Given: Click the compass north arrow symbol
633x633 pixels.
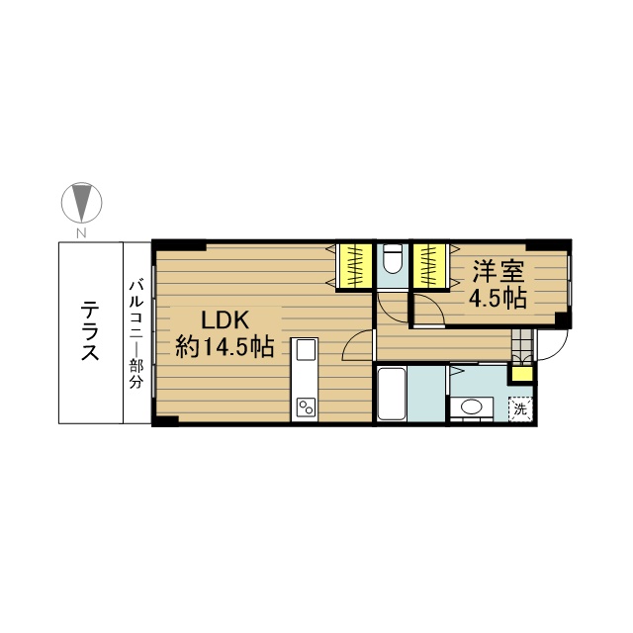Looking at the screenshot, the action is tap(81, 202).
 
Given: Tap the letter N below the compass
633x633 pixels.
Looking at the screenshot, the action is tap(82, 233).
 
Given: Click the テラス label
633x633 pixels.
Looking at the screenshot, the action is tap(90, 331).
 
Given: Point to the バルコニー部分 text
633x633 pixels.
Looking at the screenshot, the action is tap(136, 334).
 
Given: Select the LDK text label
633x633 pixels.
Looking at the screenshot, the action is tap(225, 320).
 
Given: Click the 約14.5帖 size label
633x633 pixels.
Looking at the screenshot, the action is tap(225, 347).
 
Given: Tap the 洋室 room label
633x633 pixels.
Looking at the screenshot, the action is tap(498, 271).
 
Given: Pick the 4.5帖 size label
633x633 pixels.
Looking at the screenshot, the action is tap(497, 299).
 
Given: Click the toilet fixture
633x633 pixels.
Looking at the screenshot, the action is tap(393, 258).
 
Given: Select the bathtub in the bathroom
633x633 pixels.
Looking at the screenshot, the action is tap(392, 395).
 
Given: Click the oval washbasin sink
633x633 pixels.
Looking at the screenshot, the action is tap(471, 407).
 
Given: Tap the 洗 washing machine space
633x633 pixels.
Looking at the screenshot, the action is tap(520, 409).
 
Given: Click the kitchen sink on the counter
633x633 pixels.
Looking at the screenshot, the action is tap(306, 349).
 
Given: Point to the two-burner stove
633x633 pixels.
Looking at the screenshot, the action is tap(306, 407).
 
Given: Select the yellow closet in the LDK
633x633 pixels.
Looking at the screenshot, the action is tap(354, 266).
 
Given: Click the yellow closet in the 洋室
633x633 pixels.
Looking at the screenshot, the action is tap(429, 266).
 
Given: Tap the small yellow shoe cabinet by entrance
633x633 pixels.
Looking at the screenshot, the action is tap(520, 374).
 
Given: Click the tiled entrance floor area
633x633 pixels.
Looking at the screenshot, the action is tap(521, 345).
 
